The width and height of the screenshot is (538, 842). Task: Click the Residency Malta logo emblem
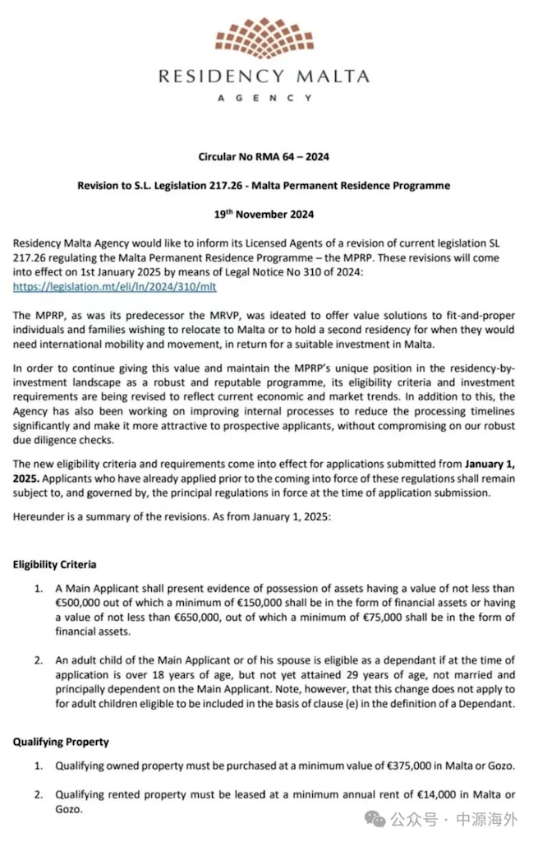[264, 38]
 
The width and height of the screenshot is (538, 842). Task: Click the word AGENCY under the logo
[264, 97]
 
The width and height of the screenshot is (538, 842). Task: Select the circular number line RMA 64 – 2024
[264, 156]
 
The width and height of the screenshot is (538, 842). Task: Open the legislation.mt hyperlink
[115, 287]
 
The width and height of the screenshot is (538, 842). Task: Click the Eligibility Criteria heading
[54, 565]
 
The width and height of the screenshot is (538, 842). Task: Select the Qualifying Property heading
[60, 741]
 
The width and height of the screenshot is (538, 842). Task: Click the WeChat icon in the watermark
[375, 819]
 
